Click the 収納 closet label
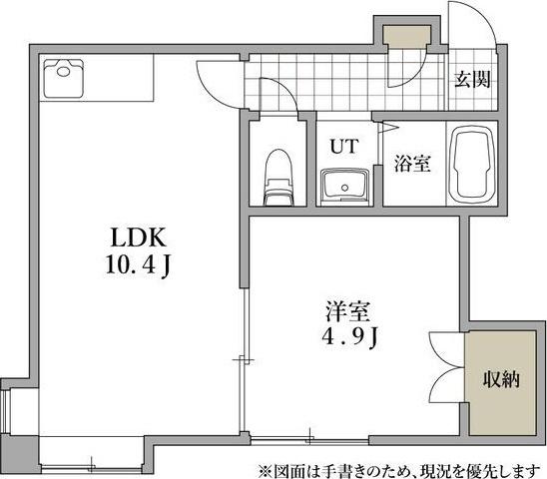[x=501, y=379]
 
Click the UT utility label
[x=344, y=146]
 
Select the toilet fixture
[x=276, y=179]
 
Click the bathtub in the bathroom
[x=472, y=165]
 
